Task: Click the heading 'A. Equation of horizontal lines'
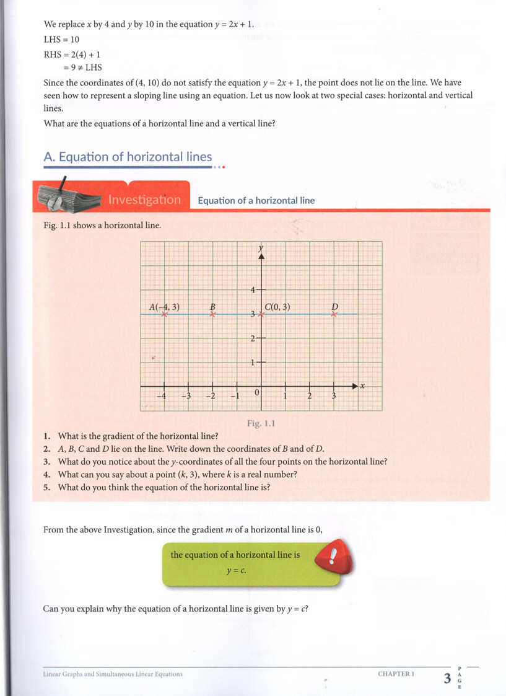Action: coord(128,157)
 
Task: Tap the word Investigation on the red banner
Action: coord(144,200)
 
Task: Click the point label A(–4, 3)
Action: coord(164,307)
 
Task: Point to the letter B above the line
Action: coord(212,306)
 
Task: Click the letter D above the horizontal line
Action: coord(334,306)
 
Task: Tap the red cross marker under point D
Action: coord(334,314)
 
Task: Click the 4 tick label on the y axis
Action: coord(253,289)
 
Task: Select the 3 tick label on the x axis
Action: coord(333,396)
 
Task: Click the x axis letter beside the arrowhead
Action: coord(363,386)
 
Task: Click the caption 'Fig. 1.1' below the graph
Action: coord(260,424)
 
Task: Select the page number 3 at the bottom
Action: coord(447,678)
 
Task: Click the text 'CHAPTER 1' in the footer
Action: coord(396,674)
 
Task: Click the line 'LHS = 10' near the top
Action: coord(62,39)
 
